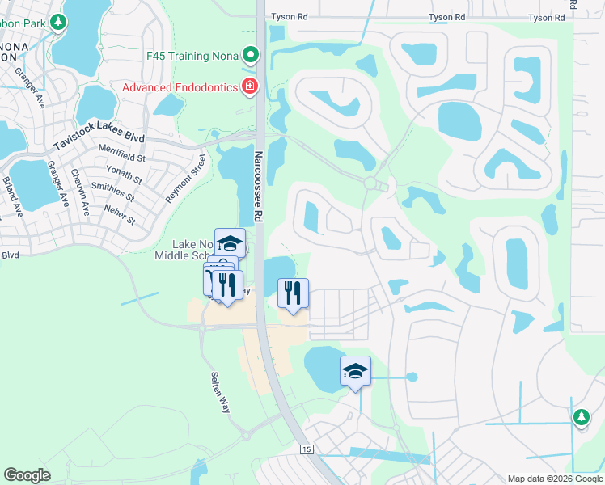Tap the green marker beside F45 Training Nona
251,56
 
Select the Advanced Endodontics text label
180,86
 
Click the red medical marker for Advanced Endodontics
251,86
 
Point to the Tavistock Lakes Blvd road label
98,135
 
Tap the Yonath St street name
125,172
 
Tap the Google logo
27,475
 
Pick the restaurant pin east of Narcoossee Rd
293,293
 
